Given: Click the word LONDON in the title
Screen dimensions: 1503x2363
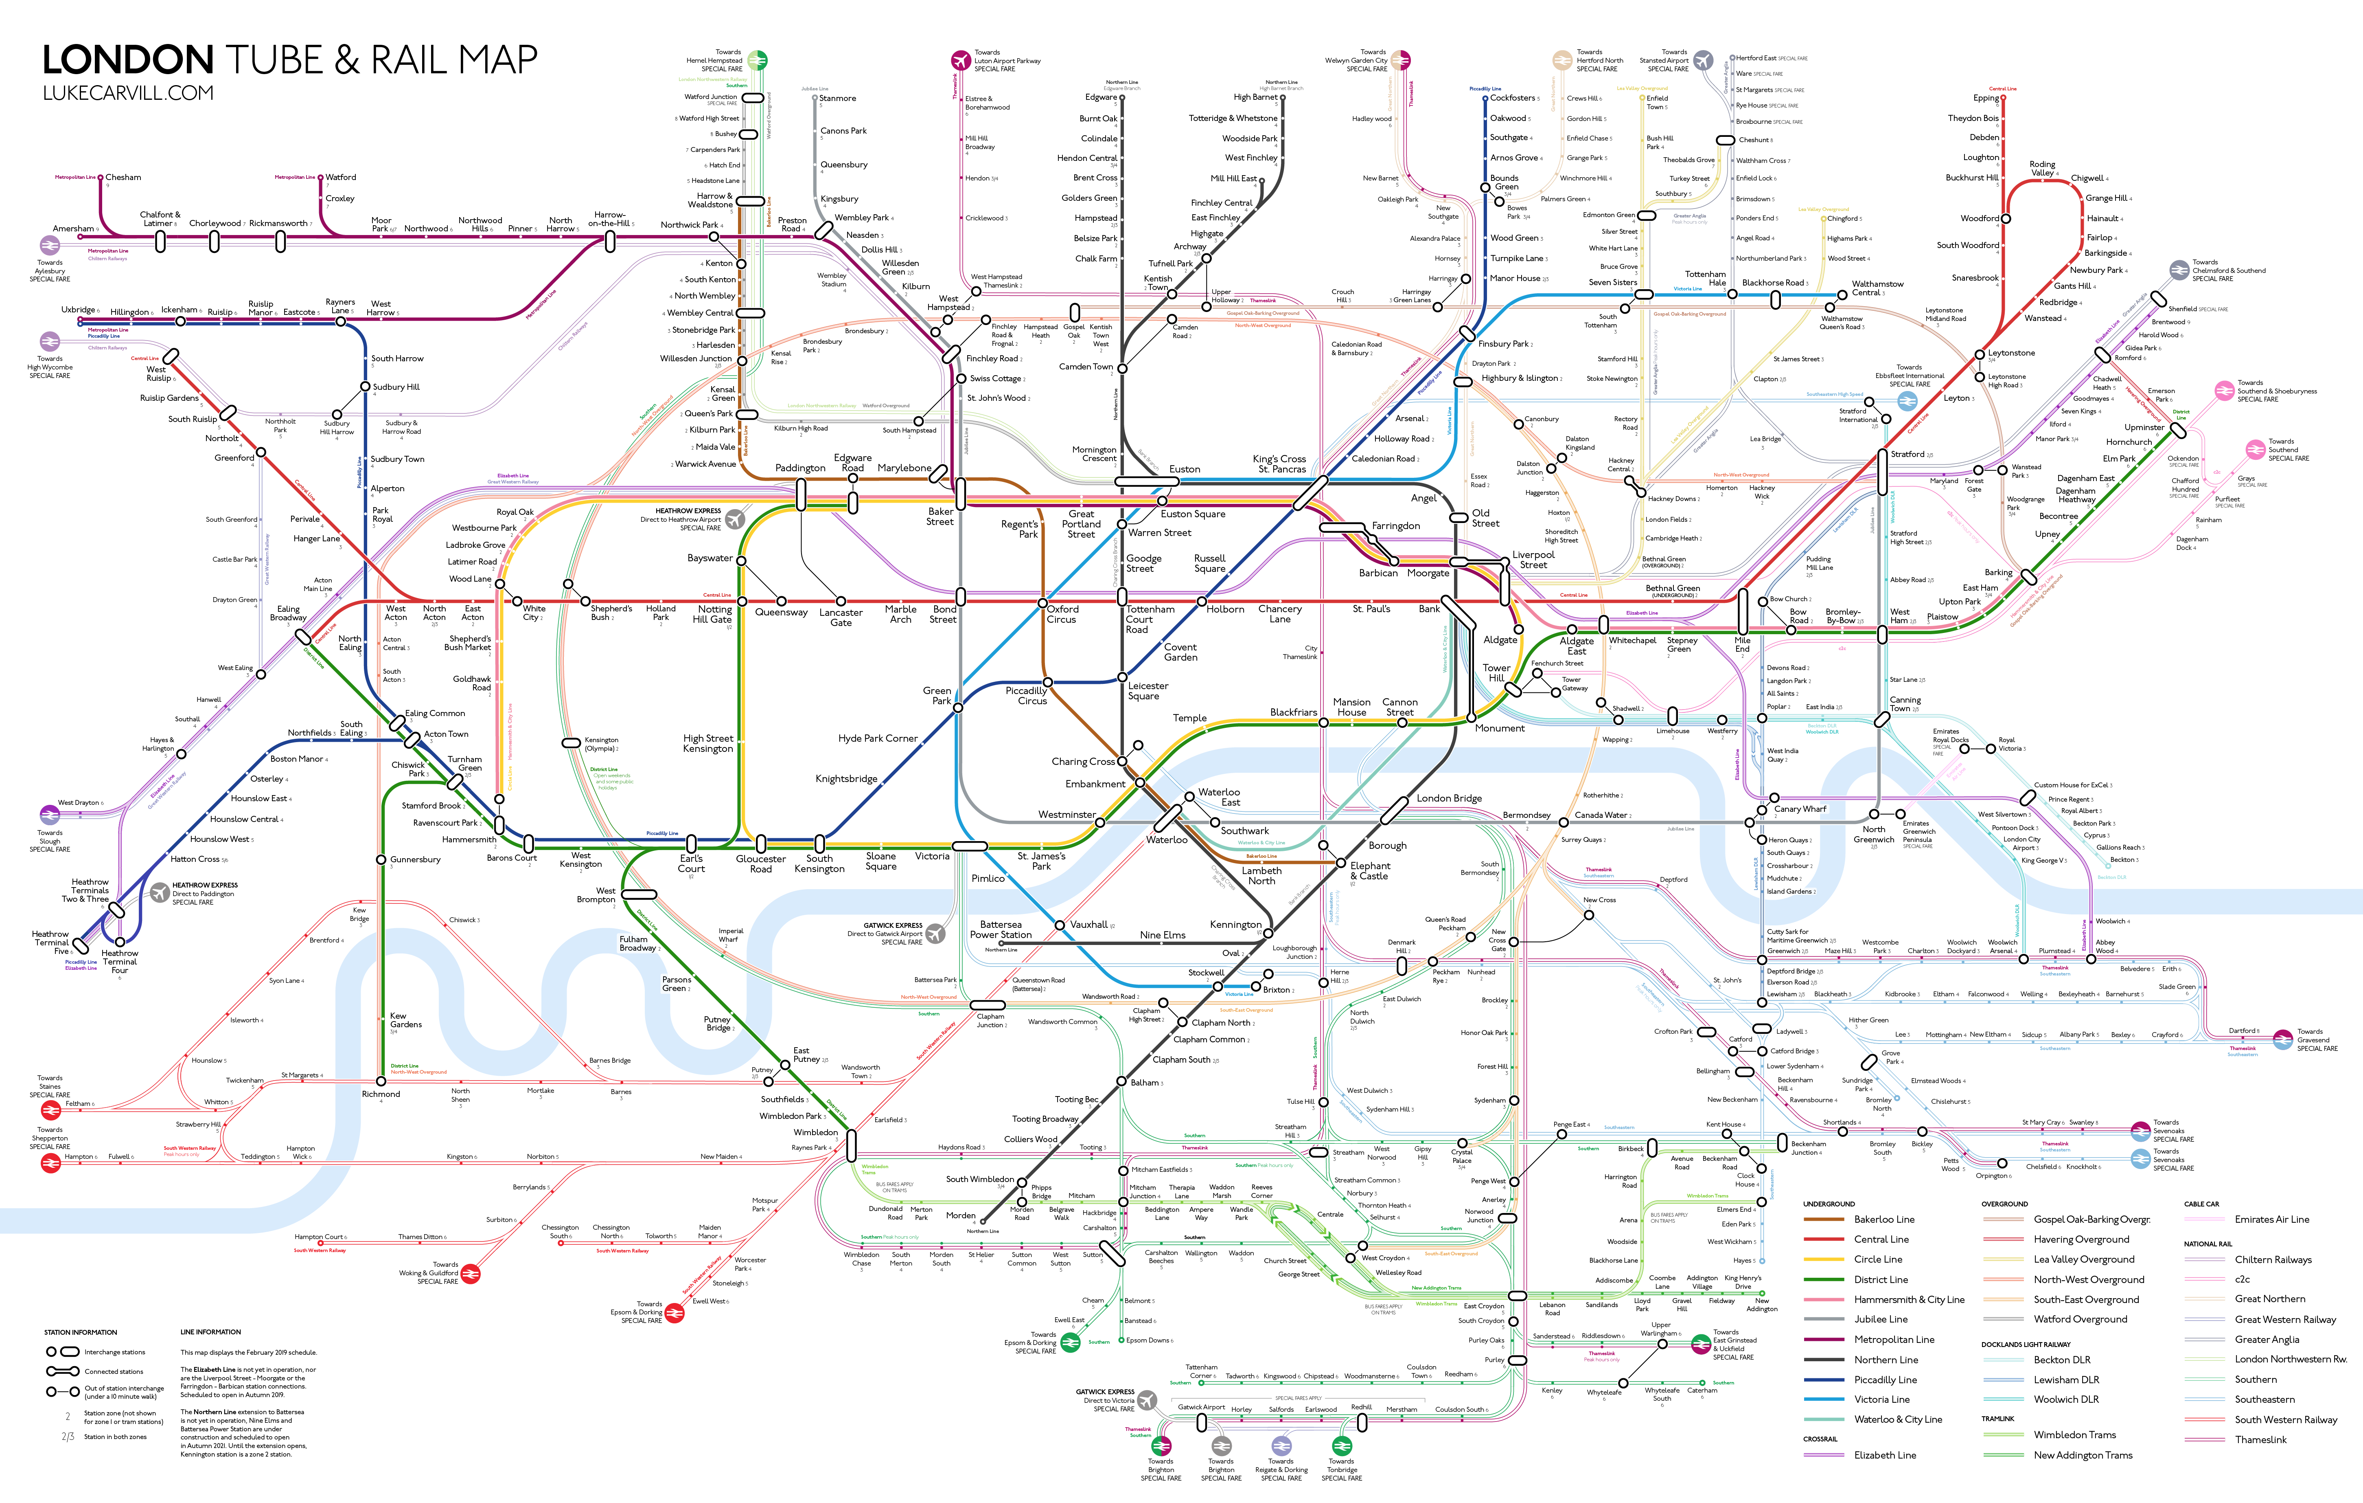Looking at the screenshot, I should pos(129,61).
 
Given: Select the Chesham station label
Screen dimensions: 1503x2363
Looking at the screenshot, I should pos(124,178).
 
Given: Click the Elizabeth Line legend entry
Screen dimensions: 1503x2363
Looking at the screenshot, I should pos(1884,1455).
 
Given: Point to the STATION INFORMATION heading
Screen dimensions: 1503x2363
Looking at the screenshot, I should pos(81,1332).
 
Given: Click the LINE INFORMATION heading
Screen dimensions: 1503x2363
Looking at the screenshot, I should pos(210,1332).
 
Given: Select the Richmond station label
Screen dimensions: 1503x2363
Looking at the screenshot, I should pos(381,1094).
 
